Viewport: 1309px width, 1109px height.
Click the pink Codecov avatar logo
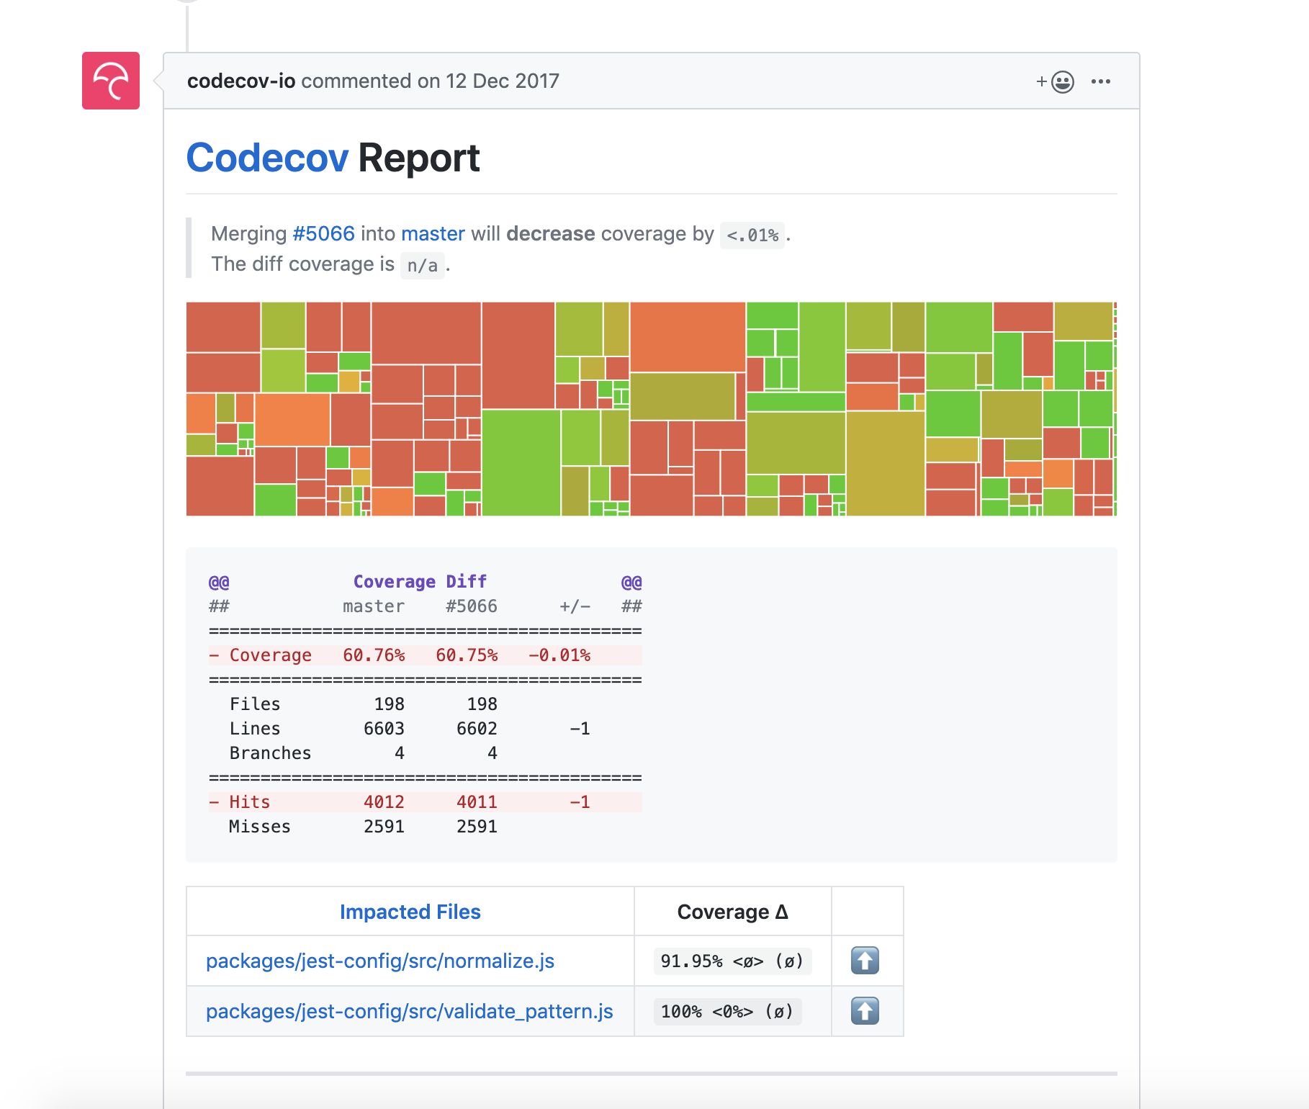coord(110,81)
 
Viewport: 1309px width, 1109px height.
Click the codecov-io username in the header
coord(241,81)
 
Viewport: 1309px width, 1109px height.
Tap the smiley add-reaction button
coord(1062,82)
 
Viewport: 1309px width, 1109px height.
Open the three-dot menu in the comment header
coord(1100,81)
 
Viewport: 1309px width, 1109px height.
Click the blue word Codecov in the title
coord(267,158)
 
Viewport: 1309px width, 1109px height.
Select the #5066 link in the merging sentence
coord(323,234)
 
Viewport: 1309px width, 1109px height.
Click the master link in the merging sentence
coord(433,234)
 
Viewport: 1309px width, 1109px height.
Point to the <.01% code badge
coord(752,235)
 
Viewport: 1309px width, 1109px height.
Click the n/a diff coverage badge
coord(422,266)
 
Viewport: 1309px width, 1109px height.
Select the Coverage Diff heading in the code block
coord(420,582)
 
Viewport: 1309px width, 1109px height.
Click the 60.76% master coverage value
coord(374,655)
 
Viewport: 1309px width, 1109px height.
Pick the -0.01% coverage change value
coord(559,655)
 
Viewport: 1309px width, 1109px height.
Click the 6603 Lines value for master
coord(384,729)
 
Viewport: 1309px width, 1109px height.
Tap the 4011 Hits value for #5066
coord(477,802)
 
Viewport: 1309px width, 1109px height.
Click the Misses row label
coord(260,827)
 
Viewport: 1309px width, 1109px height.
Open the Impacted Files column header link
coord(410,912)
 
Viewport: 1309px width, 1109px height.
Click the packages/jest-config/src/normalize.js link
coord(380,961)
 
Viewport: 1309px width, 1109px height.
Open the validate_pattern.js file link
coord(409,1012)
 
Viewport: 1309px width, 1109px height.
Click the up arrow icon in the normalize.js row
coord(865,961)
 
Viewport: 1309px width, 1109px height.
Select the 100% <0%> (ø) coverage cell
coord(727,1012)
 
